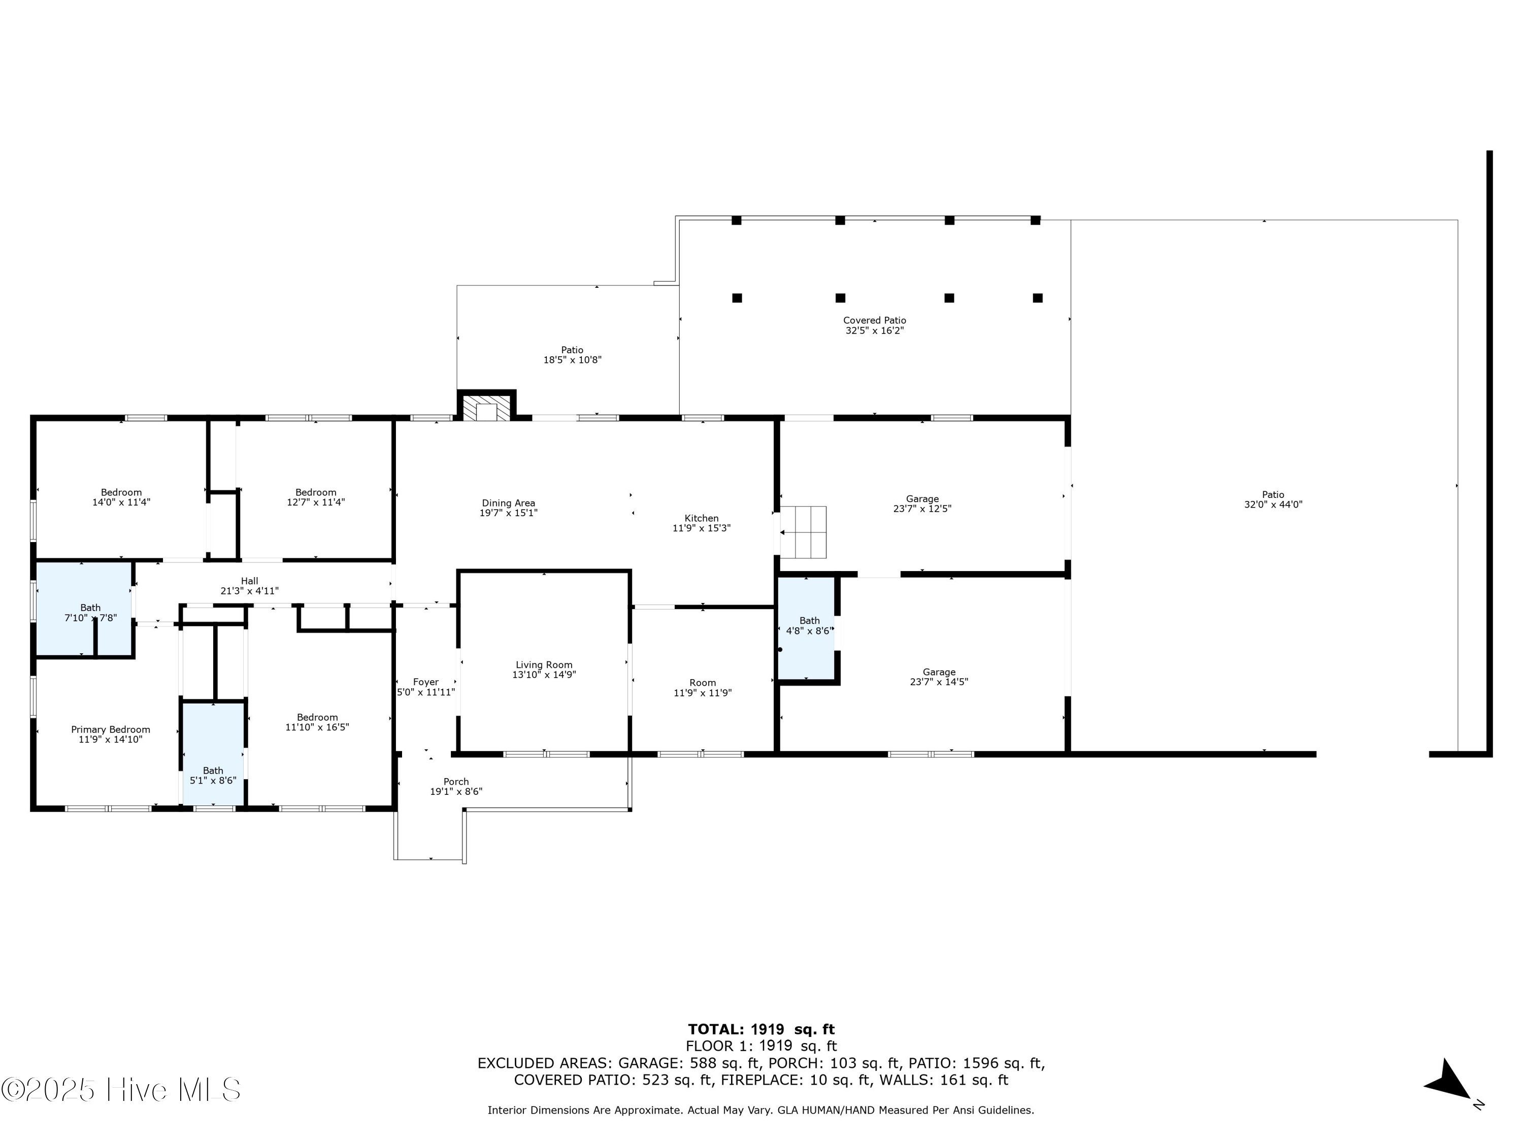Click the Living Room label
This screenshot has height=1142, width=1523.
click(544, 665)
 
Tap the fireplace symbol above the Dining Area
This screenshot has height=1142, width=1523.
click(487, 408)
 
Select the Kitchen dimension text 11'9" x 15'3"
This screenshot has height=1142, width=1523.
click(701, 529)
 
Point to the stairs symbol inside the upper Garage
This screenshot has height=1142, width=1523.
click(803, 532)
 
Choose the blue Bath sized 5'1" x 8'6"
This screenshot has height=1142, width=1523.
click(213, 754)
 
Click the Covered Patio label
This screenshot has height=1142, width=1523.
click(874, 320)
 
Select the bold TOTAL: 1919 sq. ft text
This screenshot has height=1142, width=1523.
click(761, 1029)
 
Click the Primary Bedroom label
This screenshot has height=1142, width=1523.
click(110, 730)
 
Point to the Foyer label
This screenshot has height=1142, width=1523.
click(425, 682)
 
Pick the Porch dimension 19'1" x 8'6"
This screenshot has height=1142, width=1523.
click(456, 792)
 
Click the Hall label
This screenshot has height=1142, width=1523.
click(249, 581)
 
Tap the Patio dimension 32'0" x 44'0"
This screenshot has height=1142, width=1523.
click(1273, 505)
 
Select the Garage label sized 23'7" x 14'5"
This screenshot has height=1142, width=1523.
click(939, 672)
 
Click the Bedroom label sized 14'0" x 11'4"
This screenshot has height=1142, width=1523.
click(121, 492)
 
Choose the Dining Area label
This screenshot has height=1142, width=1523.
click(508, 503)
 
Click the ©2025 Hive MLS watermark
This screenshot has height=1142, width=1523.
click(121, 1090)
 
